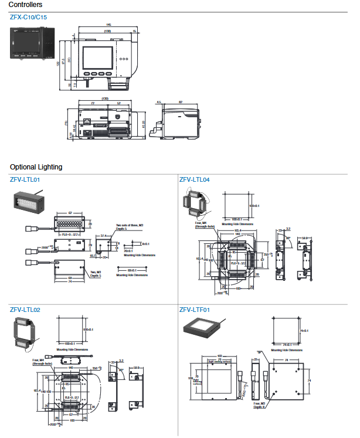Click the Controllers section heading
click(25, 5)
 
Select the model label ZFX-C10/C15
click(28, 17)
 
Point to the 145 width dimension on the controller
click(109, 25)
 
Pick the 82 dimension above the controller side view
click(181, 102)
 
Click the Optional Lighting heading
click(36, 167)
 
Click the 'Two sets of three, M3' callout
click(130, 227)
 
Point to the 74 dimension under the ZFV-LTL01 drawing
click(70, 283)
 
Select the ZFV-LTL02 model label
click(25, 309)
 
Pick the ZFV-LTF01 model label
click(194, 309)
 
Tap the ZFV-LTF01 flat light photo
click(202, 330)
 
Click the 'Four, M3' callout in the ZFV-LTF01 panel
click(260, 405)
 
